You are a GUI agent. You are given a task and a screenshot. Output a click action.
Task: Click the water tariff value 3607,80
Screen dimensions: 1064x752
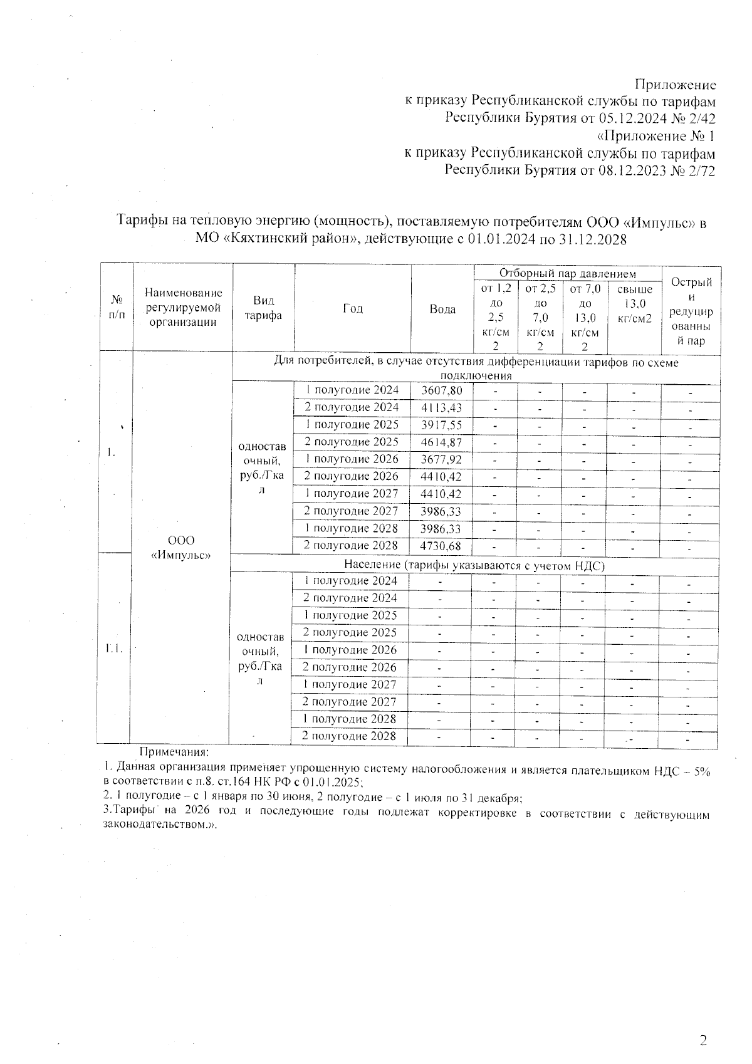[x=442, y=390]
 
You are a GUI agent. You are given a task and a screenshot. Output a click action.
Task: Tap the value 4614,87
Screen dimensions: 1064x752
[x=442, y=442]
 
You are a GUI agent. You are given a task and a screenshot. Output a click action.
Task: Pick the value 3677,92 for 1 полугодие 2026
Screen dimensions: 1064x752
[x=442, y=459]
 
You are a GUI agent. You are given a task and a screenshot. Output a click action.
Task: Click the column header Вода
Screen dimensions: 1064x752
[x=442, y=309]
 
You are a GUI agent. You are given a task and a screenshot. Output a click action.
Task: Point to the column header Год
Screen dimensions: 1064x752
[x=353, y=308]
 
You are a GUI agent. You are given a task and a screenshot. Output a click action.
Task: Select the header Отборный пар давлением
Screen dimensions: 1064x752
[x=567, y=273]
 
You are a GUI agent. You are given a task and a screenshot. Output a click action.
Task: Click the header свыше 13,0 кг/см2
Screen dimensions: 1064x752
[x=634, y=304]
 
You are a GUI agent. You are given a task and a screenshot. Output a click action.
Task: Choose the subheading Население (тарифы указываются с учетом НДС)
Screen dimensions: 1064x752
[x=474, y=565]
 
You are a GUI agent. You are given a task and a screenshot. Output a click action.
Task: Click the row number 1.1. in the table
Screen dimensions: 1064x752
[x=113, y=649]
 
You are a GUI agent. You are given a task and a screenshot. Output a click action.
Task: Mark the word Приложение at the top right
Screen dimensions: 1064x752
[x=675, y=85]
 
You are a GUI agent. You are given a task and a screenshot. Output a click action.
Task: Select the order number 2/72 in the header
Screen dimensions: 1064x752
[x=701, y=170]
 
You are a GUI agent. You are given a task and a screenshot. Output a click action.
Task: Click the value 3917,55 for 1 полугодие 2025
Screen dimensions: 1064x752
[x=442, y=425]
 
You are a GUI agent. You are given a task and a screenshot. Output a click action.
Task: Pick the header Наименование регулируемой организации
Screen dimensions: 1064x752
[x=183, y=307]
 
